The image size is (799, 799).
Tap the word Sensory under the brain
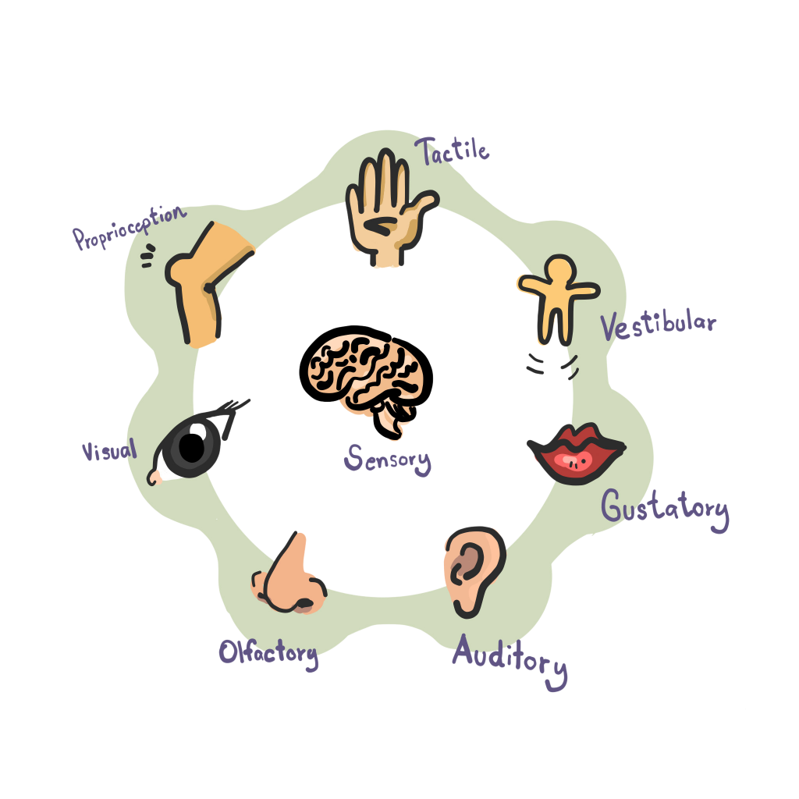(x=387, y=459)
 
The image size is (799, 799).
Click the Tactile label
(x=452, y=151)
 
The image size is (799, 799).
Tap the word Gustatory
(x=665, y=510)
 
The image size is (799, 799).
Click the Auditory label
(x=510, y=660)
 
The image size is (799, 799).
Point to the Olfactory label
(x=268, y=653)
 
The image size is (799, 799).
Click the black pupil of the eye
(x=192, y=448)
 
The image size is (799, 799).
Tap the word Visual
(x=109, y=450)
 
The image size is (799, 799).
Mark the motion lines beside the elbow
(x=147, y=255)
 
